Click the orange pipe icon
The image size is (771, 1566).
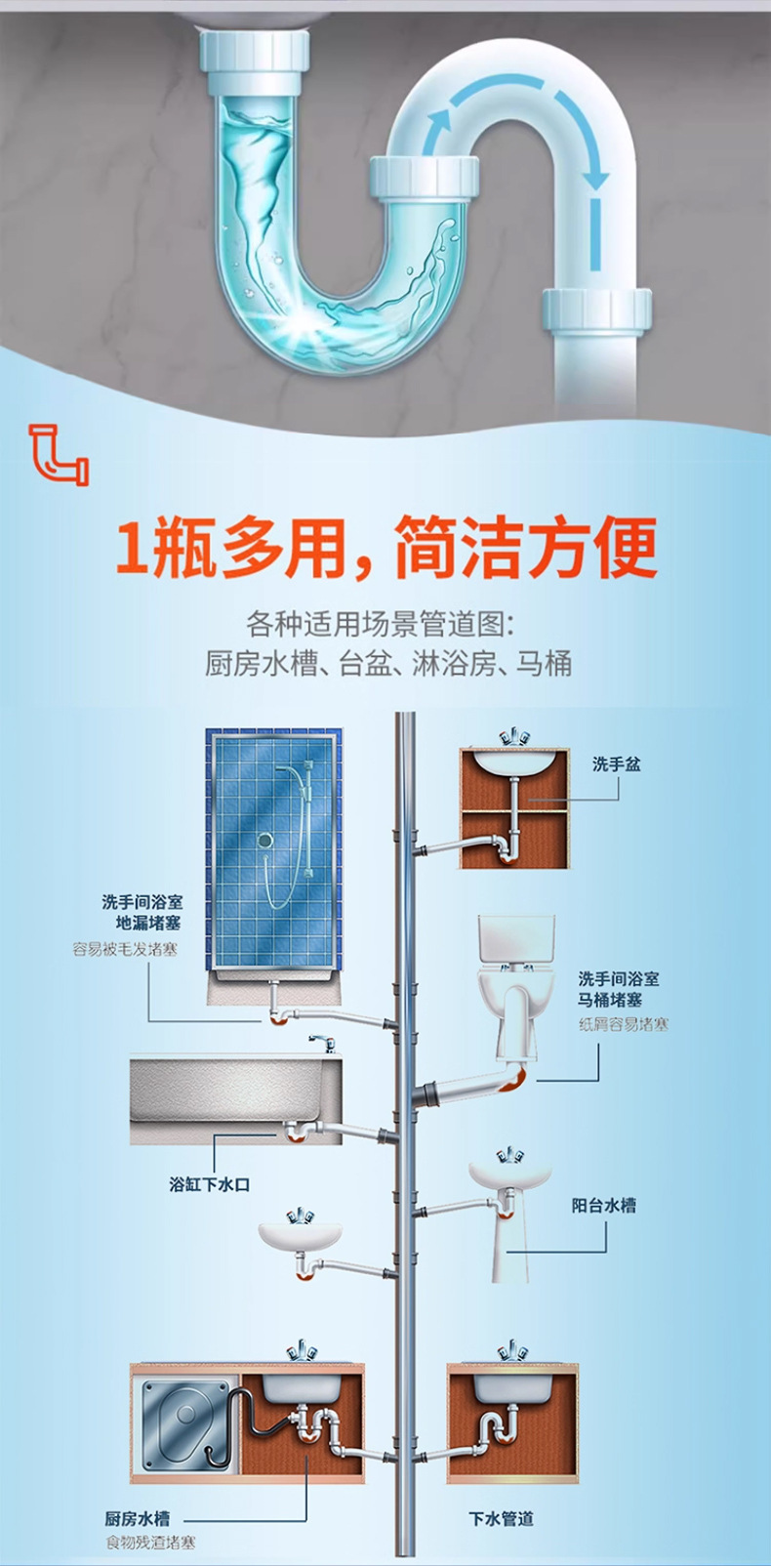coord(58,454)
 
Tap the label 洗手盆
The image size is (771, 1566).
coord(616,764)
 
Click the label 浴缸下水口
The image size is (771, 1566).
coord(209,1184)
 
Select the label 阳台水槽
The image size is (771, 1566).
coord(603,1206)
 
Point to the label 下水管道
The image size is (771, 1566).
coord(501,1518)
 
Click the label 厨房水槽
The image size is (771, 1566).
coord(138,1518)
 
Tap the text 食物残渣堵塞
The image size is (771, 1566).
coord(150,1543)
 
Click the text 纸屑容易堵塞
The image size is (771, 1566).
coord(624,1024)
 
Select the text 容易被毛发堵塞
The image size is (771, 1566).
coord(126,949)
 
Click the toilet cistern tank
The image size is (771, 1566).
coord(515,939)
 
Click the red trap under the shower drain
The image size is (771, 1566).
coord(279,1017)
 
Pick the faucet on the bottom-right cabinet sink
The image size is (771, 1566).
coord(512,1352)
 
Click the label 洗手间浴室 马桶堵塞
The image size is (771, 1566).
coord(618,989)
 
